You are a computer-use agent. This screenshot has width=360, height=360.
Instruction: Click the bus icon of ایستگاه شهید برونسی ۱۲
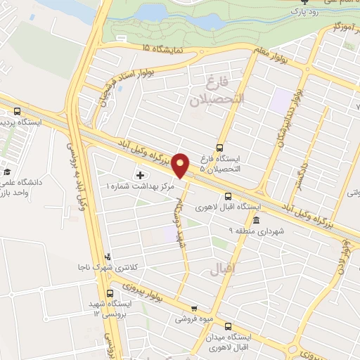pyautogui.click(x=110, y=293)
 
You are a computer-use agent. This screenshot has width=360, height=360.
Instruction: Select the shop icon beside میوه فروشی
pyautogui.click(x=194, y=309)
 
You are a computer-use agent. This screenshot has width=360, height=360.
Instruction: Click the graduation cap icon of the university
pyautogui.click(x=7, y=172)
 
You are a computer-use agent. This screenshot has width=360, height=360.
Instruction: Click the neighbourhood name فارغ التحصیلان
pyautogui.click(x=217, y=91)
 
